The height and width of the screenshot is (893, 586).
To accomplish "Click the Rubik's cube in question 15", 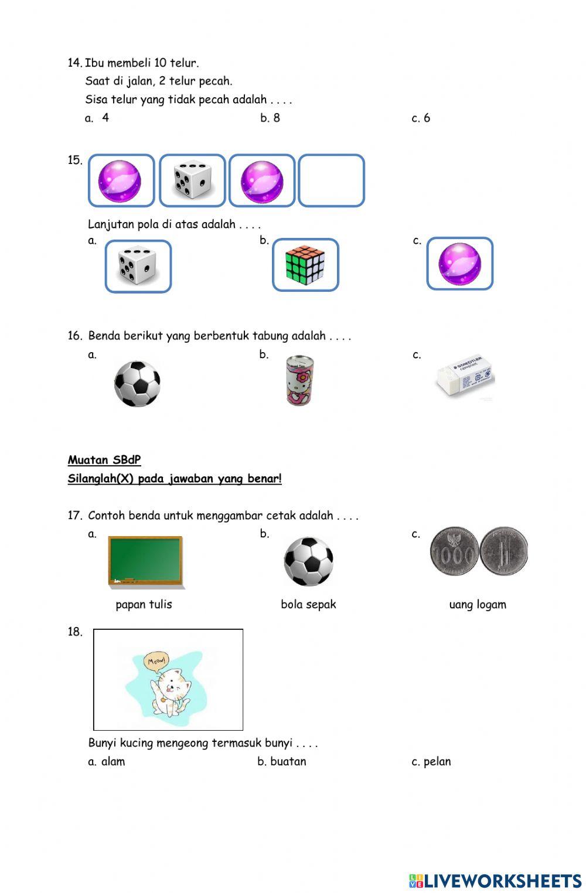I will click(x=305, y=264).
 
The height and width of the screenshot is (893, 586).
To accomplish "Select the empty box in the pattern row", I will click(x=331, y=180).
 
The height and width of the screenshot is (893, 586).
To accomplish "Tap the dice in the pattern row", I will click(x=192, y=180).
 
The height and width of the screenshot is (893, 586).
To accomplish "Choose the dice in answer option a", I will click(x=138, y=266).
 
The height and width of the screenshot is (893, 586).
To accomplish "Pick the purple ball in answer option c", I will click(x=460, y=264).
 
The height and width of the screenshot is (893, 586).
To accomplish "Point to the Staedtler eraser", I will click(x=466, y=377).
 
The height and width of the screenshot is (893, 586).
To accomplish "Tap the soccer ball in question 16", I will click(x=137, y=383).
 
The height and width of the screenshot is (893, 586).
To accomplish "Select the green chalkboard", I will click(x=145, y=561).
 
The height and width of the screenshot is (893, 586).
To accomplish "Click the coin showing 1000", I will click(x=454, y=551).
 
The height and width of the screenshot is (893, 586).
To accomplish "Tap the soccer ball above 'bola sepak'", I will click(x=308, y=561).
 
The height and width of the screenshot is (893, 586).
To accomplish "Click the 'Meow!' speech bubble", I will click(x=156, y=660).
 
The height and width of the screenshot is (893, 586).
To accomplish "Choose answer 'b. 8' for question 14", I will click(x=270, y=118).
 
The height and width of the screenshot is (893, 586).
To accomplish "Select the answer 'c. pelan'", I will click(x=431, y=761).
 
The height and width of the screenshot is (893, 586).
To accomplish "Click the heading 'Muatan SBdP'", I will click(x=104, y=460).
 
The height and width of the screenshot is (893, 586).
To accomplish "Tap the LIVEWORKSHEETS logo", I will click(x=495, y=880).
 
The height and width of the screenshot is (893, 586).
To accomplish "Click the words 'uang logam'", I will click(x=478, y=604).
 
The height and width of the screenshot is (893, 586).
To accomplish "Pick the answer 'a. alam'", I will click(x=107, y=761).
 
